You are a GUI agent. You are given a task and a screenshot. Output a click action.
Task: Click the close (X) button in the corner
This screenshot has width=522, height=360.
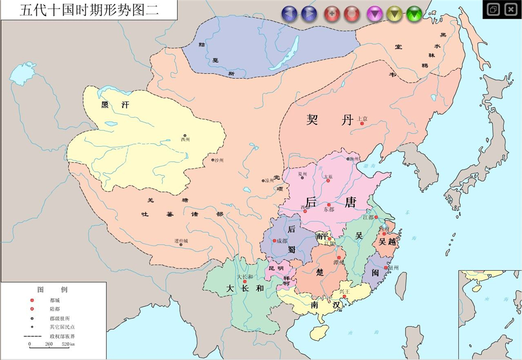[x=509, y=9]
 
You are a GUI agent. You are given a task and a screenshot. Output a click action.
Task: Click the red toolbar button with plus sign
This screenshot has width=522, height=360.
[x=332, y=14]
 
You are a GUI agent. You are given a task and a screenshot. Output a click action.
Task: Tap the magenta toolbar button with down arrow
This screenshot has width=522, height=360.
[x=374, y=14]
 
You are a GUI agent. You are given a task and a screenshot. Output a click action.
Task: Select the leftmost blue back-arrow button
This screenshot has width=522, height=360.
[x=290, y=14]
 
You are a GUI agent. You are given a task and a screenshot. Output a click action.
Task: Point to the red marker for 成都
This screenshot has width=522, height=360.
[x=274, y=241]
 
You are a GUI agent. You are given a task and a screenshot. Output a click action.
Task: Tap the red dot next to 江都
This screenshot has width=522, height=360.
[x=376, y=217]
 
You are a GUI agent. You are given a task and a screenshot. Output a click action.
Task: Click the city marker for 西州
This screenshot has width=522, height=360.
[x=185, y=136]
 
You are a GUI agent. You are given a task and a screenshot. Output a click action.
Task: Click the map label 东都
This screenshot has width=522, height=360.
[x=328, y=209]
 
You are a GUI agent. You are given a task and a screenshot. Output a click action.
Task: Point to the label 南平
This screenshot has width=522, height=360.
[x=322, y=236]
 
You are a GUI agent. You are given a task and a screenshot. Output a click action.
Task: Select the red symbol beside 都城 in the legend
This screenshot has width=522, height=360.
[x=32, y=301]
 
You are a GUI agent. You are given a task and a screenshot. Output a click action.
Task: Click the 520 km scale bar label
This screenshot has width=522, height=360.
[x=68, y=345]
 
